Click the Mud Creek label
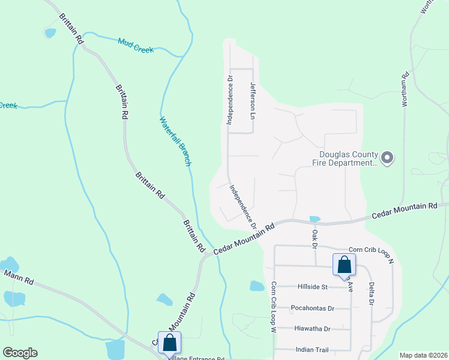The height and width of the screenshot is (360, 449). tap(136, 45)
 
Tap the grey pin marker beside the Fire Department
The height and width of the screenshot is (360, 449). tap(387, 158)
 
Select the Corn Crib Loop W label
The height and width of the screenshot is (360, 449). tap(273, 307)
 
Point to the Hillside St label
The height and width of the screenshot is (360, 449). tap(312, 287)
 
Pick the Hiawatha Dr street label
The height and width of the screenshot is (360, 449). tap(312, 329)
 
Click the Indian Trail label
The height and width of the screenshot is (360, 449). tap(313, 349)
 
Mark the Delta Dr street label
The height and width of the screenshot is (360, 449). tap(371, 293)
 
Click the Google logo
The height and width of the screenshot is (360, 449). tap(20, 352)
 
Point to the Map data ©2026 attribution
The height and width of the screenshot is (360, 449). tap(423, 355)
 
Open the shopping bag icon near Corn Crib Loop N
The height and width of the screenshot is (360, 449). tap(344, 264)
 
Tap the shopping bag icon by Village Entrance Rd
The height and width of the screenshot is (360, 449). tap(169, 343)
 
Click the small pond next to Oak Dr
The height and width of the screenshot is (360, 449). tap(314, 219)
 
